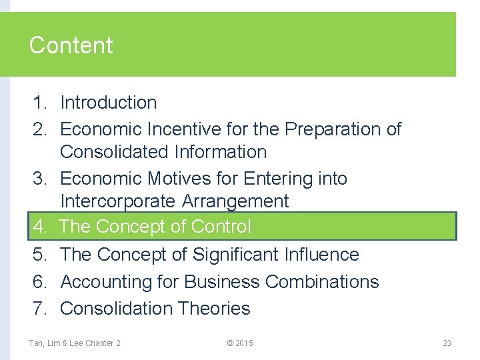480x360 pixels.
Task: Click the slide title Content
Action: click(x=71, y=45)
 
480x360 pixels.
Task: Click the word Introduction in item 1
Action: click(x=109, y=103)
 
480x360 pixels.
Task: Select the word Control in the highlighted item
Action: click(x=221, y=227)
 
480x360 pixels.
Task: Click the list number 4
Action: click(x=39, y=227)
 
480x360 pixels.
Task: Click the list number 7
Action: click(x=39, y=308)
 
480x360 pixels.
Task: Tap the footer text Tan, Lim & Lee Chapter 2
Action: click(x=75, y=343)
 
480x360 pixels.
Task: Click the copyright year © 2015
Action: click(x=240, y=343)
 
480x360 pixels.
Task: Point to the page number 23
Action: click(x=447, y=343)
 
